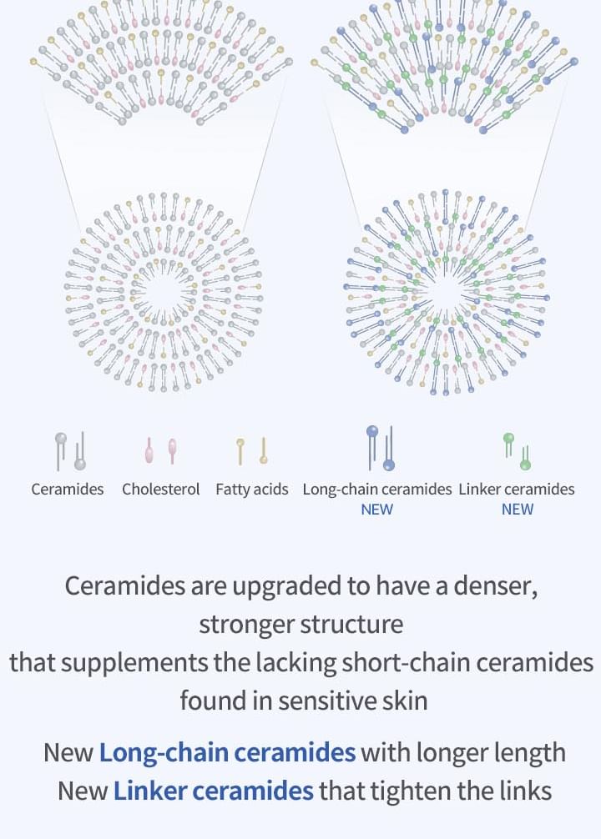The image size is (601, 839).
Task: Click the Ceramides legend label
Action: click(68, 489)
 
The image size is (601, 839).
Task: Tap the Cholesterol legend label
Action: click(161, 489)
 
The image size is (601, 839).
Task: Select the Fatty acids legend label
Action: click(252, 490)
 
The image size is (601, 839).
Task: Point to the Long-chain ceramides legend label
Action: click(377, 489)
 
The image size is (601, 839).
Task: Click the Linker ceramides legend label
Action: click(517, 489)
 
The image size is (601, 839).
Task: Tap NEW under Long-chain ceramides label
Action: click(377, 510)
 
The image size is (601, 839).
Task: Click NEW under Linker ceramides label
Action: click(518, 510)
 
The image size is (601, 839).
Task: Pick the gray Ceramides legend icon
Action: click(71, 451)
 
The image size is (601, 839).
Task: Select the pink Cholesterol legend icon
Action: click(161, 450)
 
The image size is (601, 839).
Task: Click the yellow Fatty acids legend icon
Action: click(252, 450)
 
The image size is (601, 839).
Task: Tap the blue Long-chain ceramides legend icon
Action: click(381, 448)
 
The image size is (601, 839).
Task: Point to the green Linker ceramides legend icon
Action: click(517, 451)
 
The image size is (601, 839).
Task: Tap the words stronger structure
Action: click(301, 625)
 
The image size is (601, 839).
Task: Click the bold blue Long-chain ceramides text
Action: click(227, 752)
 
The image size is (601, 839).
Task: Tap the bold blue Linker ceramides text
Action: click(213, 791)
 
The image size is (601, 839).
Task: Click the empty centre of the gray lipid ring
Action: click(164, 293)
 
